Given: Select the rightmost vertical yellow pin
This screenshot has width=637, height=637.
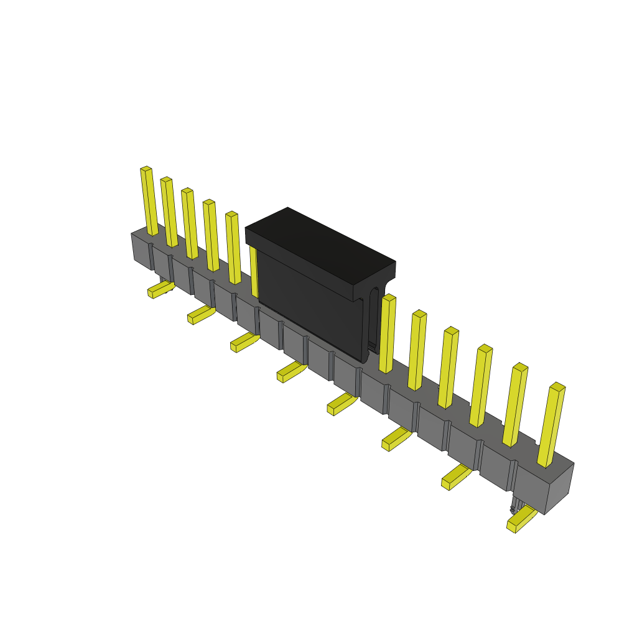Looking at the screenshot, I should coord(551,425).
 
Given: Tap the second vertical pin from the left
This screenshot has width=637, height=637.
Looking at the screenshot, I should coord(169,212).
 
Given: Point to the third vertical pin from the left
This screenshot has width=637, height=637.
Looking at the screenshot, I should coord(190,223).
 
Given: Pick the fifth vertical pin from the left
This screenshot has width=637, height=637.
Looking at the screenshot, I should coord(233,248).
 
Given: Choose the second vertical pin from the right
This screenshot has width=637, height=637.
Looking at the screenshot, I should coord(515,405).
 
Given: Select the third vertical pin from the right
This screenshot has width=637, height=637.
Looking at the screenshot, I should coord(481,386).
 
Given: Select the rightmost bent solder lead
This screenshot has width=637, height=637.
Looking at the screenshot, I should coord(521,519).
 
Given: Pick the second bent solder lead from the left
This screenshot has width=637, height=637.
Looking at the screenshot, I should coord(201,315).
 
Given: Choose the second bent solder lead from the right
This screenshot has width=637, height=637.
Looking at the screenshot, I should coord(456,477).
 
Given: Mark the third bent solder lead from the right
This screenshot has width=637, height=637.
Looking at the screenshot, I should coord(396,439).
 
